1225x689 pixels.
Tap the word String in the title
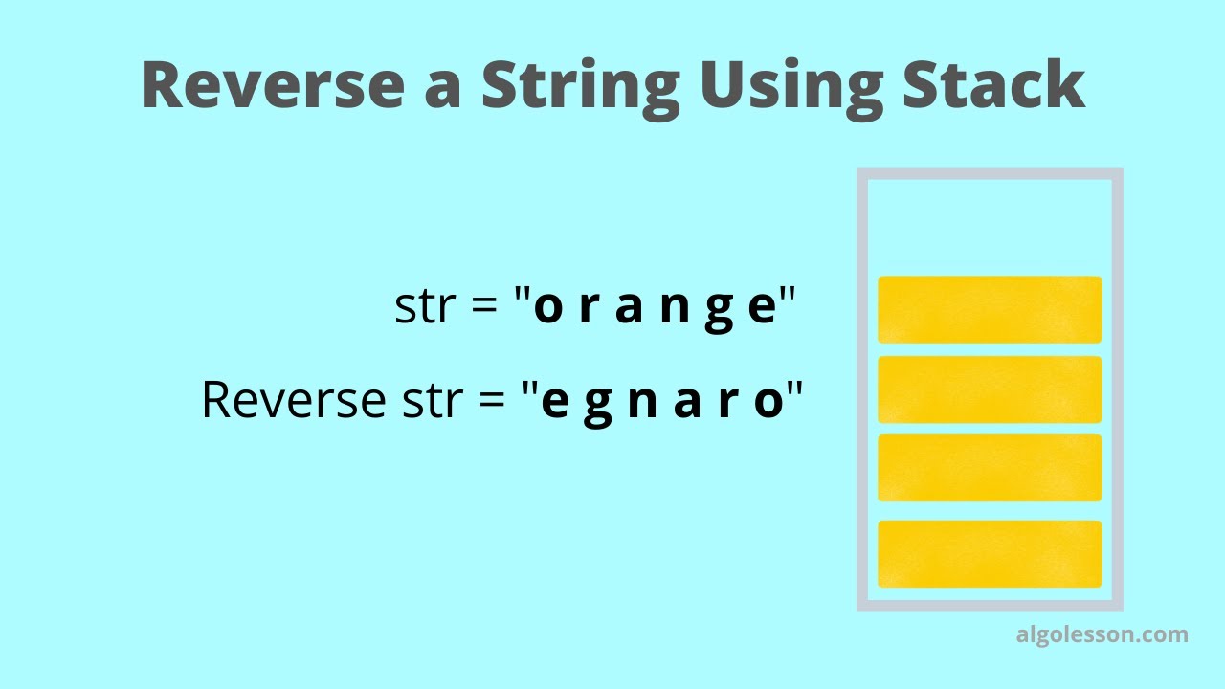click(580, 84)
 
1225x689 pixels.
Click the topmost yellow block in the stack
click(990, 309)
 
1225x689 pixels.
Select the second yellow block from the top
click(990, 389)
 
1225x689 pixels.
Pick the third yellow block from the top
click(990, 468)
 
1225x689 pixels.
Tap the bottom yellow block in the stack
click(990, 554)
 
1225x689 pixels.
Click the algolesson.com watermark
click(1102, 634)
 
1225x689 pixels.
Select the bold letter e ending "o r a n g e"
click(761, 309)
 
